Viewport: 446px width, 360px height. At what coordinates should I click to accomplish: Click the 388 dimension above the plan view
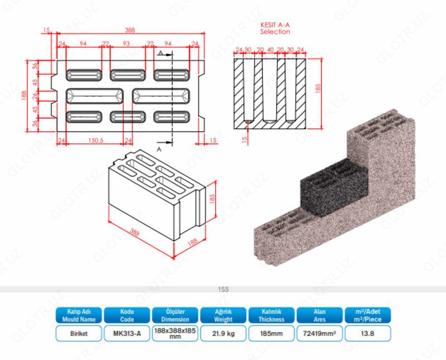pos(130,30)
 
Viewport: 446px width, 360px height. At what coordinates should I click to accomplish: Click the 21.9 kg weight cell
pos(223,333)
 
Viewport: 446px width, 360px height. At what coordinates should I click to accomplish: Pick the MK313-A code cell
pos(127,333)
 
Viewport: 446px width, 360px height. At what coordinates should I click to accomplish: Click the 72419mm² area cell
pos(318,333)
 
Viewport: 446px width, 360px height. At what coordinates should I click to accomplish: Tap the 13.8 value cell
pos(368,333)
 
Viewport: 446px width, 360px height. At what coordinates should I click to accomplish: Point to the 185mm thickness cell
pos(271,333)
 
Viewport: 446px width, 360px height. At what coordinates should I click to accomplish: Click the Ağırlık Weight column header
pos(223,315)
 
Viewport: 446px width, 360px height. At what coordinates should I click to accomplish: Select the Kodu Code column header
pos(127,315)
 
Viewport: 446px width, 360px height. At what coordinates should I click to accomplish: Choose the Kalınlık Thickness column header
pos(271,315)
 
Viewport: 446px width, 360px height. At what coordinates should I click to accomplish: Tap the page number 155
pos(224,289)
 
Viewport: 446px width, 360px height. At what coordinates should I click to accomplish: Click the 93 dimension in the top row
pos(127,43)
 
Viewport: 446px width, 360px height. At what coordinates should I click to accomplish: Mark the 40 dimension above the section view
pos(270,50)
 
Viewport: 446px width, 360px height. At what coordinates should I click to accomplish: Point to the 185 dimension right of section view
pos(319,89)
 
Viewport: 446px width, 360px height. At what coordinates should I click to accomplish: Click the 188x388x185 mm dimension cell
pos(175,333)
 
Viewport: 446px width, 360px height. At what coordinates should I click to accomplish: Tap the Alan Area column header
pos(318,315)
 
